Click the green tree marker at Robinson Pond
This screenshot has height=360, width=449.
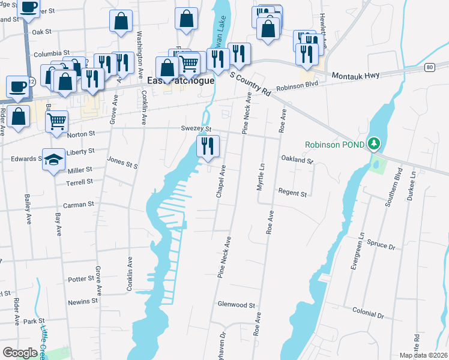click(375, 144)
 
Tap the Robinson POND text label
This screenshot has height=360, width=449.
click(334, 145)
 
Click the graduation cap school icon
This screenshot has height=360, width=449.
click(54, 160)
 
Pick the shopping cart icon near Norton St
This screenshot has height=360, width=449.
click(57, 121)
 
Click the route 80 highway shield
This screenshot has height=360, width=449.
click(429, 67)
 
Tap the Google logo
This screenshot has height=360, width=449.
click(20, 353)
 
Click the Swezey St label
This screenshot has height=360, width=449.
click(196, 129)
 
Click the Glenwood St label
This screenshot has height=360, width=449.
click(237, 305)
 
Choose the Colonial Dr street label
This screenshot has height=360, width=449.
click(368, 313)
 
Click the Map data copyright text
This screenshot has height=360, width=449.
click(423, 355)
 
